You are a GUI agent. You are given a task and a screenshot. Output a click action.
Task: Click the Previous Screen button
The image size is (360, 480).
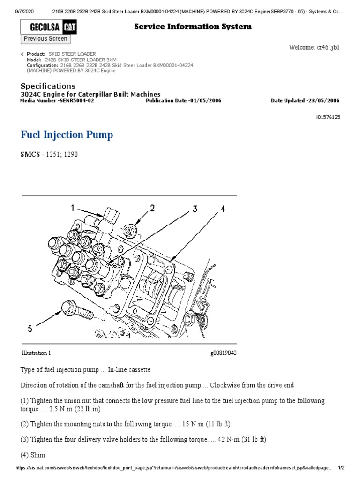pos(45,39)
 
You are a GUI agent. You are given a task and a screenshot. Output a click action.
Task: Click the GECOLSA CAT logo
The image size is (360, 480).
pos(49,27)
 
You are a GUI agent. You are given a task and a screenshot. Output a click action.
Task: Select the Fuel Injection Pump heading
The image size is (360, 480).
pos(67,135)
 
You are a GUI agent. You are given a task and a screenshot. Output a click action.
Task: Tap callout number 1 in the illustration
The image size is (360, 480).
pos(73,208)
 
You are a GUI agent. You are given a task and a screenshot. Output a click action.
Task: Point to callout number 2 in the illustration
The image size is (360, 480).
pos(152,208)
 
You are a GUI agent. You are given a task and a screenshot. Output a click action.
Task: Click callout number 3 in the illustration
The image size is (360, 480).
pos(195,209)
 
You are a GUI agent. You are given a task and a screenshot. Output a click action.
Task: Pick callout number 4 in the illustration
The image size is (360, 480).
pos(223,209)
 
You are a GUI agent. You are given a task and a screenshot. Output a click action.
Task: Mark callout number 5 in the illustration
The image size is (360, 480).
pos(30,329)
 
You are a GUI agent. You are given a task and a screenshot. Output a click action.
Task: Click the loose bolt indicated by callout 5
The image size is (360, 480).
pos(77,309)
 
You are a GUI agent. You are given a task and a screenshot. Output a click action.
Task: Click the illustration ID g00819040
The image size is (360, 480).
pos(224,353)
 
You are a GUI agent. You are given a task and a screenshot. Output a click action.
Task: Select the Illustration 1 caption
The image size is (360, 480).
pos(36,353)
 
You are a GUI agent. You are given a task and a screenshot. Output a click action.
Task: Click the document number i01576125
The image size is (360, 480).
pos(328,117)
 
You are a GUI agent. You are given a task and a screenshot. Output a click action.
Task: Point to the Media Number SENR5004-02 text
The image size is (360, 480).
pos(57,101)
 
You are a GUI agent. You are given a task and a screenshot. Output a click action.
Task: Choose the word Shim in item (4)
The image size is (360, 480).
pos(37,455)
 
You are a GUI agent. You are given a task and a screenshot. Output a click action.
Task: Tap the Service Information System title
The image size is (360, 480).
pos(193,27)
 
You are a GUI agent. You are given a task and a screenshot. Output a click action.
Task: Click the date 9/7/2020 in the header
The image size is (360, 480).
pos(24,12)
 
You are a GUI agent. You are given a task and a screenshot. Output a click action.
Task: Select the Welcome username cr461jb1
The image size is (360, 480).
pos(328,47)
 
